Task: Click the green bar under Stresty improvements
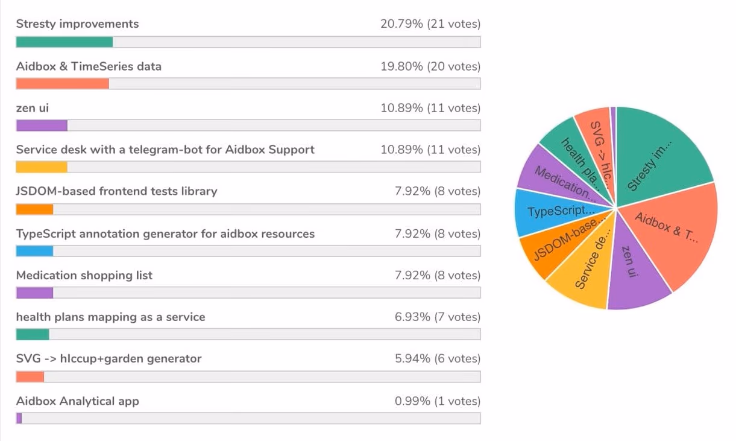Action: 64,42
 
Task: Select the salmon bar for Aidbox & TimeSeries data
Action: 63,83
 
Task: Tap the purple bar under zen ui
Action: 42,125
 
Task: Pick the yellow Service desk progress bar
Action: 42,167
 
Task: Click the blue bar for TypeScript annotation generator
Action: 34,251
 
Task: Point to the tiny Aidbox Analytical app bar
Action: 19,418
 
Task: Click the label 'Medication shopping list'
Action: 84,276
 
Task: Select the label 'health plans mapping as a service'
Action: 110,317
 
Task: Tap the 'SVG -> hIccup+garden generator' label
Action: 109,359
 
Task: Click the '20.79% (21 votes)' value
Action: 430,24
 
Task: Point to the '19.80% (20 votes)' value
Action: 430,66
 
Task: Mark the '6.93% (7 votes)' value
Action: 438,317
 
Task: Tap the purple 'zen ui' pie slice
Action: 633,265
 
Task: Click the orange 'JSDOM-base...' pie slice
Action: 561,244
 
